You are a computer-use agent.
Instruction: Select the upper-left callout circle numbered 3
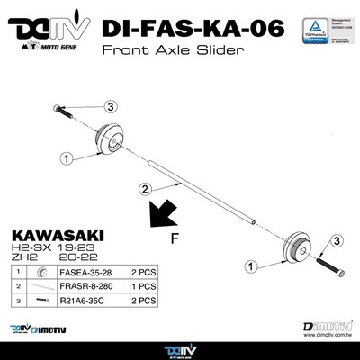pos(112,106)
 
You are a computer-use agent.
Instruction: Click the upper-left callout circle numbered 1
pos(66,157)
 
